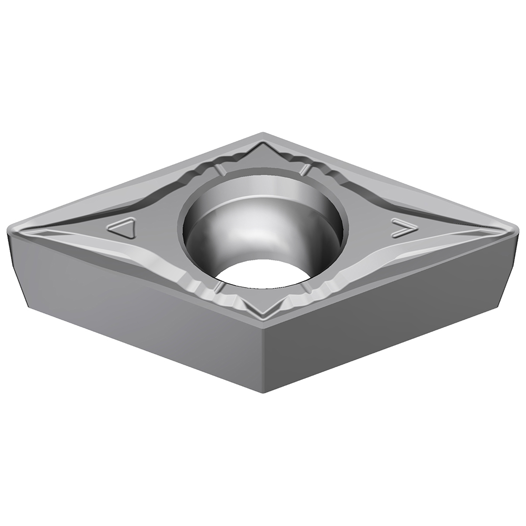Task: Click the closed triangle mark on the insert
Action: click(x=123, y=229)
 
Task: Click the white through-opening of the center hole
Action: click(x=262, y=274)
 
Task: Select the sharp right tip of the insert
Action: click(x=517, y=230)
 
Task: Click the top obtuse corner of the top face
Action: click(x=262, y=134)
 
